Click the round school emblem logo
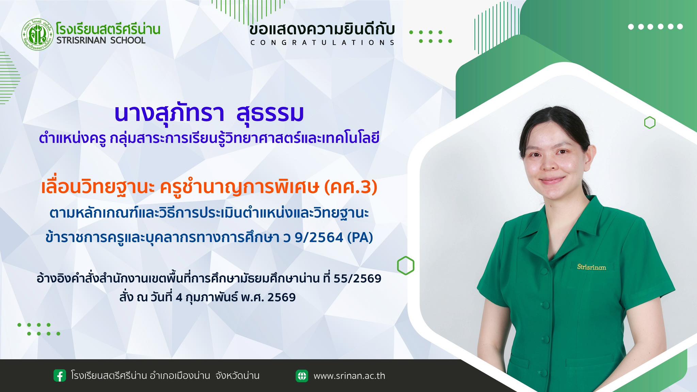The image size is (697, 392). coord(37,34)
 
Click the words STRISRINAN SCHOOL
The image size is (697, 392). coord(101,40)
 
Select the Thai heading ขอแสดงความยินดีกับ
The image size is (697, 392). coord(322,29)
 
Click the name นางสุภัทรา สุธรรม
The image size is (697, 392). coord(209,113)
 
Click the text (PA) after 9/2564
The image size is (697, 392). coord(360,238)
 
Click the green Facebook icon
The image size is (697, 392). coord(60,376)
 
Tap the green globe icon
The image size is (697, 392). coord(302,376)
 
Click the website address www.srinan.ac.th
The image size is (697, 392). coord(349,376)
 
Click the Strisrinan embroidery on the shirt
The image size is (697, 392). coord(591,267)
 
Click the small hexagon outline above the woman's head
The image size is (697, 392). coord(650,122)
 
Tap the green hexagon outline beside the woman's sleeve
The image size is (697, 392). coord(406,265)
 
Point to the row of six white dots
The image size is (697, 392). coord(655,27)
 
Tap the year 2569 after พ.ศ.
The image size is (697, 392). coord(281,297)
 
